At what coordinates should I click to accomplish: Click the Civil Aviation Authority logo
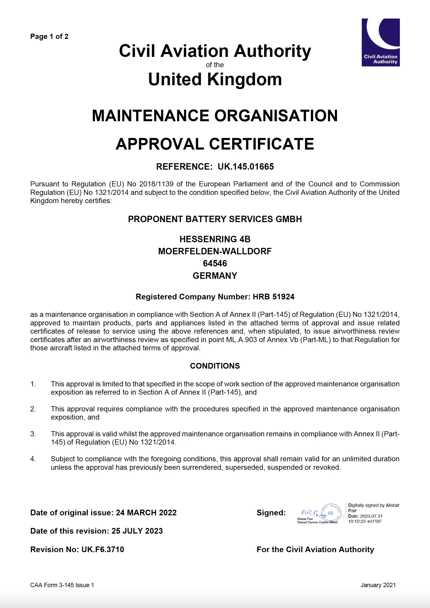coord(381,42)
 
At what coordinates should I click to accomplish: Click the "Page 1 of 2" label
coord(49,37)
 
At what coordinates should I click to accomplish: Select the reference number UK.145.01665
coord(246,167)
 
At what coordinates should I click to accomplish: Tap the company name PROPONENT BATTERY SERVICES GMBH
coord(215,219)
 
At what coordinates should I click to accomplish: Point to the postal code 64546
coord(215,264)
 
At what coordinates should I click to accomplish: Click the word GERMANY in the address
coord(215,276)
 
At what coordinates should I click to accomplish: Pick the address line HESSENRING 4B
coord(215,239)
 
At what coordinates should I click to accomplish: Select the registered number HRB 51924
coord(273,297)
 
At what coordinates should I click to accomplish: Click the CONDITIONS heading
coord(215,366)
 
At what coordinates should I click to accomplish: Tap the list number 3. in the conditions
coord(33,434)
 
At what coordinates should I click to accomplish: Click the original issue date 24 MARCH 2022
coord(146,513)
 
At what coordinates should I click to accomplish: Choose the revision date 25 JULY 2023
coord(137,531)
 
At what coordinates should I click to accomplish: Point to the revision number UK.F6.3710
coord(103,549)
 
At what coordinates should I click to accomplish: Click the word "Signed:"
coord(271,513)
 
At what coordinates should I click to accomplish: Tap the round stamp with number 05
coord(331,513)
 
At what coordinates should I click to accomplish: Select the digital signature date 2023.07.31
coord(371,516)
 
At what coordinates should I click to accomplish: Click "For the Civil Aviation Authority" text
coord(315,549)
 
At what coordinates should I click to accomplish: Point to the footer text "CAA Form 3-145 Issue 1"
coord(62,585)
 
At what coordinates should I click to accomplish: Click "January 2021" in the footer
coord(378,585)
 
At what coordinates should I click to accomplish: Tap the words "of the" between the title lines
coord(215,65)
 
